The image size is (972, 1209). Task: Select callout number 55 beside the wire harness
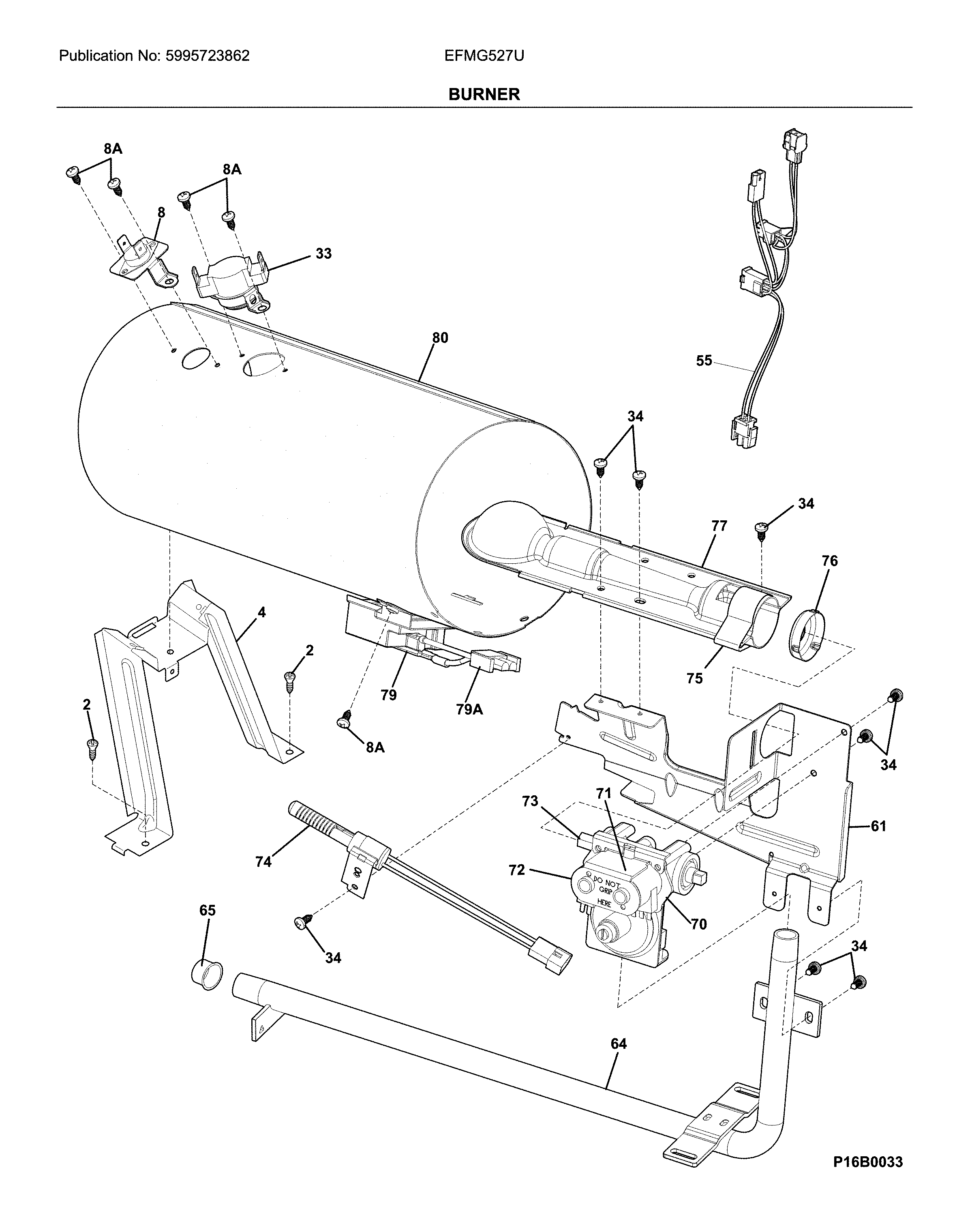[x=704, y=361]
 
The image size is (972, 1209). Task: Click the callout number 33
[x=323, y=253]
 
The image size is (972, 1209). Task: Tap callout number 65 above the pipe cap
[x=208, y=911]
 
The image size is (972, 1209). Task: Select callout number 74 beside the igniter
[x=263, y=861]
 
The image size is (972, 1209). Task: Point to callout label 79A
[x=469, y=709]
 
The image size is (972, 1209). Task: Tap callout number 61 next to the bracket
[x=878, y=826]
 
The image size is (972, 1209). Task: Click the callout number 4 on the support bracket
[x=262, y=612]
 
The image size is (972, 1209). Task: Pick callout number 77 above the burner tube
[x=719, y=526]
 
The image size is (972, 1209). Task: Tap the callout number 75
[x=694, y=679]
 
